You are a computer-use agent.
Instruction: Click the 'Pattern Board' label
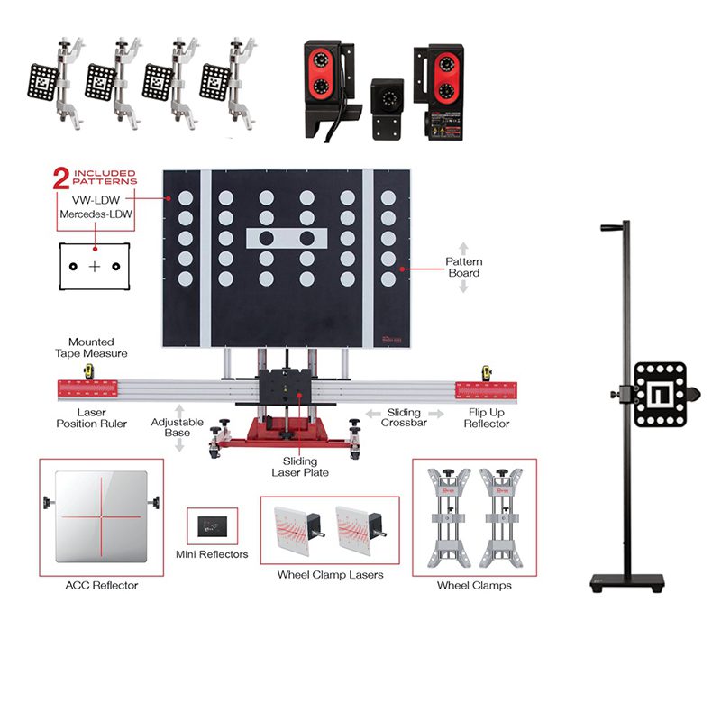[464, 268]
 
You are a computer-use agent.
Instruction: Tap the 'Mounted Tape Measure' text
[91, 349]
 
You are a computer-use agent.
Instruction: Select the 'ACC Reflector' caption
[102, 585]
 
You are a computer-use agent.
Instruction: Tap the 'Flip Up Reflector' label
[488, 418]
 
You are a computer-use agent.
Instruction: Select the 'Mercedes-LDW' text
[96, 215]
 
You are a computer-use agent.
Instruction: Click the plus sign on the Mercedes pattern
[96, 266]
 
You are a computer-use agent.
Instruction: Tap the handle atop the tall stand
[614, 227]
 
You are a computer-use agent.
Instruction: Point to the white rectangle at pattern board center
[286, 239]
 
